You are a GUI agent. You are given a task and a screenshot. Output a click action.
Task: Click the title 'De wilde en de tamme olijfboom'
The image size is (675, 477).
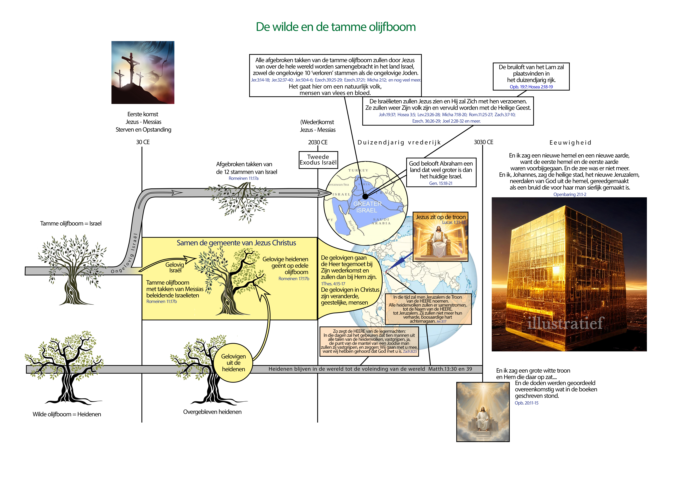[x=336, y=27]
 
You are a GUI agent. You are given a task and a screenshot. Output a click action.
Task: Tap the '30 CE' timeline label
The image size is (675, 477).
[x=143, y=142]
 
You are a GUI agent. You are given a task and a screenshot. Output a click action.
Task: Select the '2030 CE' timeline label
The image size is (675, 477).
[x=318, y=142]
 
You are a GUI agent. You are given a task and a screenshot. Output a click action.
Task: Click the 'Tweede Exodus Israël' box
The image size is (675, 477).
[x=318, y=160]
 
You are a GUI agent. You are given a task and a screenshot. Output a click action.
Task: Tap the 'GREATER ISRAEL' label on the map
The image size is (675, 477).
[x=367, y=207]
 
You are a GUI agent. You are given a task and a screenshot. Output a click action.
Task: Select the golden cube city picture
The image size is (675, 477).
[x=569, y=274]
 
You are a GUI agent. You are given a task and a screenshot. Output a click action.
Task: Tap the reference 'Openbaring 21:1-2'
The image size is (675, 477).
[x=570, y=195]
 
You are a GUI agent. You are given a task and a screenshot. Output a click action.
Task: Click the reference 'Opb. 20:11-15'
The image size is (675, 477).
[x=527, y=403]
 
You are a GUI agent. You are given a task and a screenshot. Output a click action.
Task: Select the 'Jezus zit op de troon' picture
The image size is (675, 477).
[x=440, y=237]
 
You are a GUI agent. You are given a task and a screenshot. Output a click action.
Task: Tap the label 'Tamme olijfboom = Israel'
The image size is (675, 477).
[x=71, y=224]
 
